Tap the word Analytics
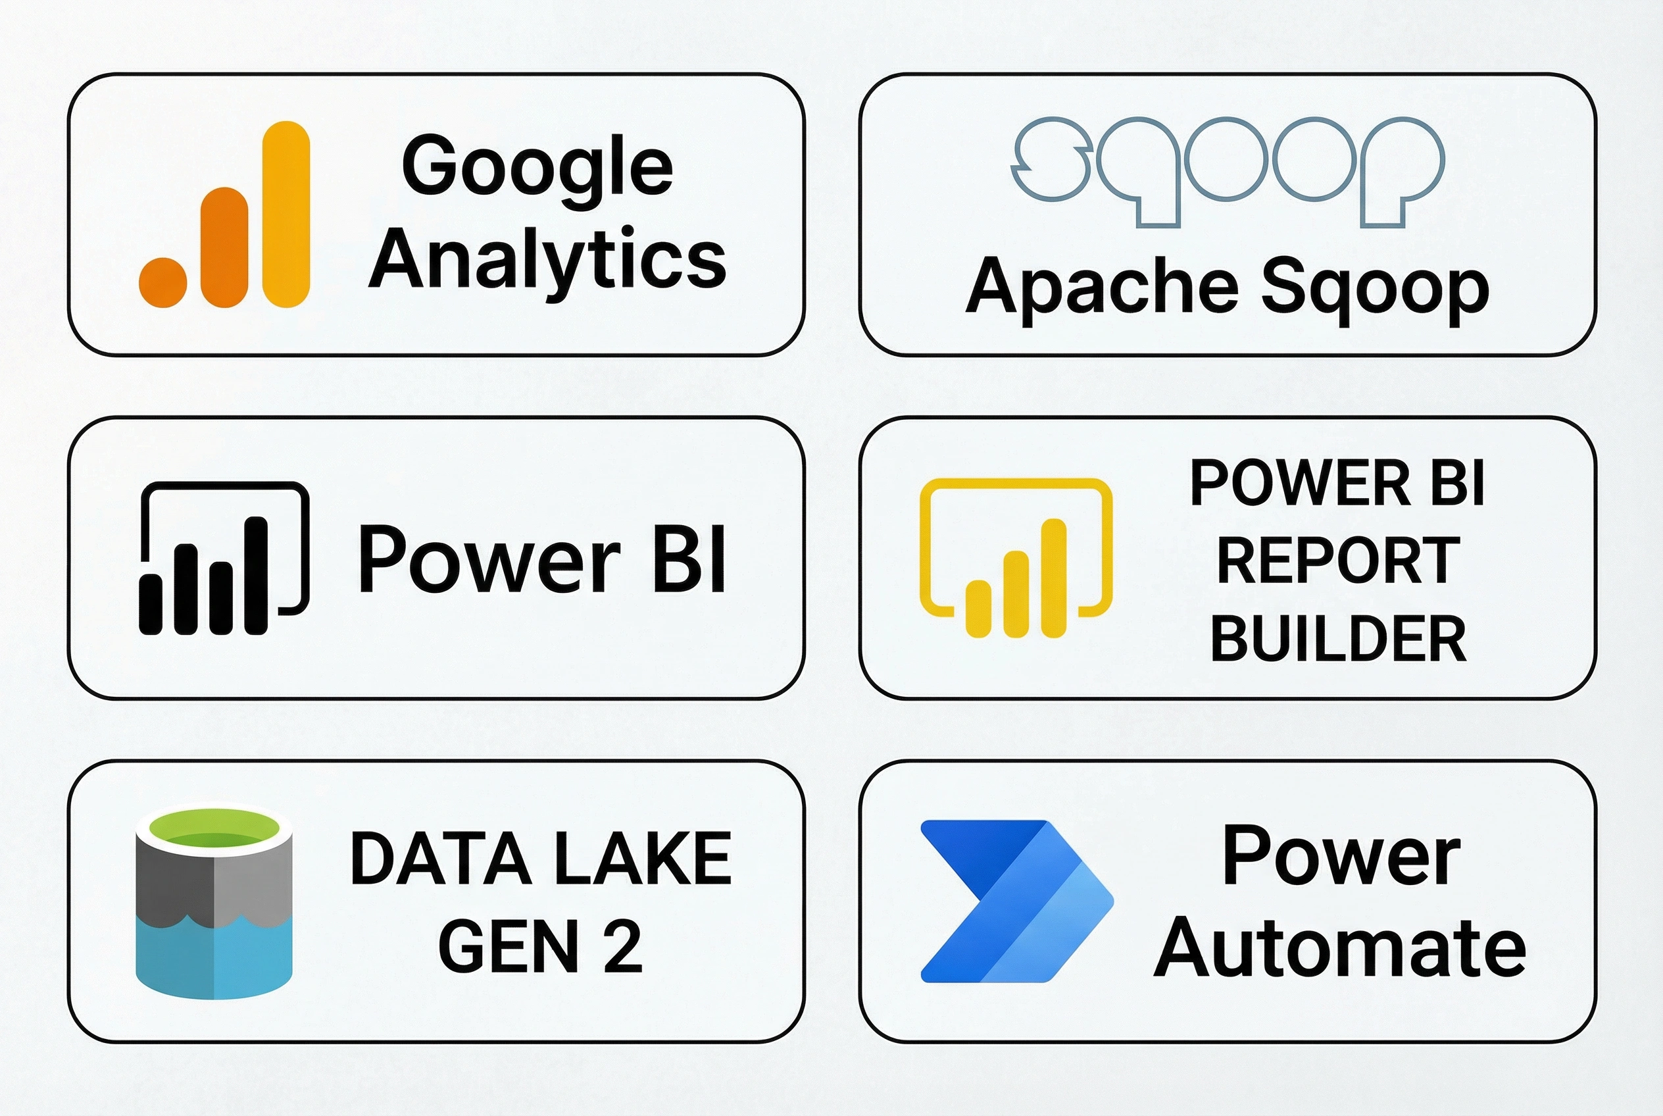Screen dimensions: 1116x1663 [x=547, y=261]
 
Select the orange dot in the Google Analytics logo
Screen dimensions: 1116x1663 [x=163, y=282]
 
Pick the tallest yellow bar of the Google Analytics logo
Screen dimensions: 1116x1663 [x=286, y=213]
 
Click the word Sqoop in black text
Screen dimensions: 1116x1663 [x=1374, y=289]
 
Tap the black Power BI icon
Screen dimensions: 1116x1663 [x=224, y=558]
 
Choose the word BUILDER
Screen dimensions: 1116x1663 [x=1338, y=638]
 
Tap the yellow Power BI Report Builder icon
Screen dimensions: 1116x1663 [x=1016, y=558]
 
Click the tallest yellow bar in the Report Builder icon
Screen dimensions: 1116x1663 [x=1053, y=577]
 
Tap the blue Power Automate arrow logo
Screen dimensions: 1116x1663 [x=1016, y=901]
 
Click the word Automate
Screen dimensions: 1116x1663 [x=1339, y=948]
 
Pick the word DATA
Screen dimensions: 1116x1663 [x=441, y=859]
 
